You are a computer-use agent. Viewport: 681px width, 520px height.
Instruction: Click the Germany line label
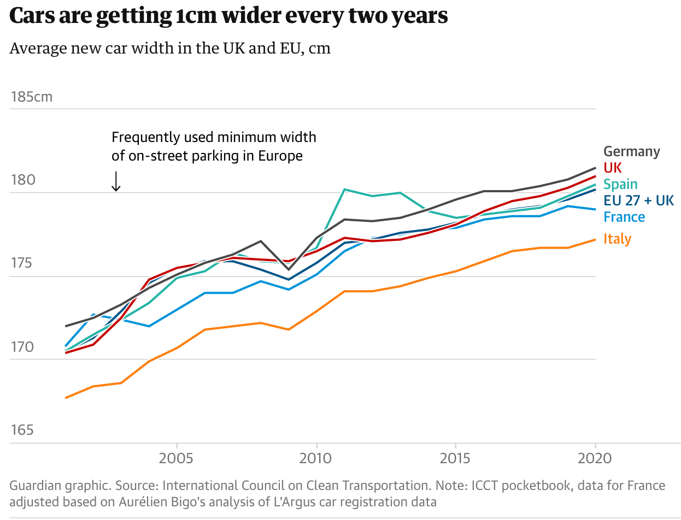click(631, 151)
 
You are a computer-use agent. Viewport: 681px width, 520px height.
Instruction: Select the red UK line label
click(613, 168)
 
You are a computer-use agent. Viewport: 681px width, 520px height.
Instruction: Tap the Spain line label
click(620, 184)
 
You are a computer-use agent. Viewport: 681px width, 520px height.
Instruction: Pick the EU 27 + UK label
click(638, 200)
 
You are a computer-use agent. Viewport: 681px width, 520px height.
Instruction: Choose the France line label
click(624, 217)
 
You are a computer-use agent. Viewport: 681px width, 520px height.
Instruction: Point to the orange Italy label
click(617, 239)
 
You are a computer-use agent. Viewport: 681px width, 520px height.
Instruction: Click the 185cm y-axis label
click(32, 97)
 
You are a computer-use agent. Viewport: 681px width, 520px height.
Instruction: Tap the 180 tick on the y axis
click(22, 180)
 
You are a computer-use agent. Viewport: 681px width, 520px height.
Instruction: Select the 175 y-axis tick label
click(22, 264)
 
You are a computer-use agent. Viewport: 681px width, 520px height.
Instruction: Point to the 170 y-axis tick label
click(22, 347)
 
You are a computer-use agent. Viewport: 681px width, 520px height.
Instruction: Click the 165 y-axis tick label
click(22, 430)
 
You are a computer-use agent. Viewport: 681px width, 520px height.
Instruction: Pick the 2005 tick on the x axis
click(177, 457)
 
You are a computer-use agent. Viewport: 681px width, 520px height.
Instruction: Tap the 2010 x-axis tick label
click(316, 457)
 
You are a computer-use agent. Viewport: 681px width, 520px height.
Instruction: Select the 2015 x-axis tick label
click(455, 457)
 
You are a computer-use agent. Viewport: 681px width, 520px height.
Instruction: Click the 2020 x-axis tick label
click(595, 457)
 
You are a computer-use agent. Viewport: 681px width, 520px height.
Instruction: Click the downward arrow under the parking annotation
click(116, 181)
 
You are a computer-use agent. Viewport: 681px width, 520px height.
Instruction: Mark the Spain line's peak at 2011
click(344, 190)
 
